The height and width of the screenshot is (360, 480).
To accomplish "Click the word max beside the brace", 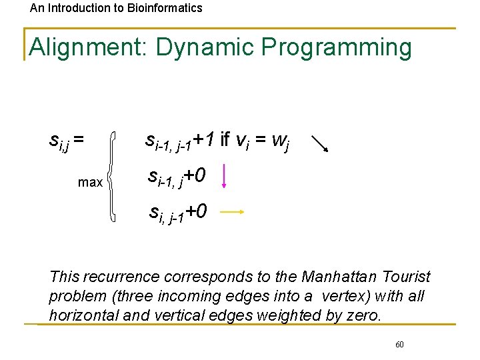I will pos(90,182).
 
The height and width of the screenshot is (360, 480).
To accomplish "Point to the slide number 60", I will pos(399,345).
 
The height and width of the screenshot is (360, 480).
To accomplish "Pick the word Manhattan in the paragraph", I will pos(341,277).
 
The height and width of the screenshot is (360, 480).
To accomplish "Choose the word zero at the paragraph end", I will pos(363,315).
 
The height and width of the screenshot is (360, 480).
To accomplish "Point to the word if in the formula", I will pos(225,139).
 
